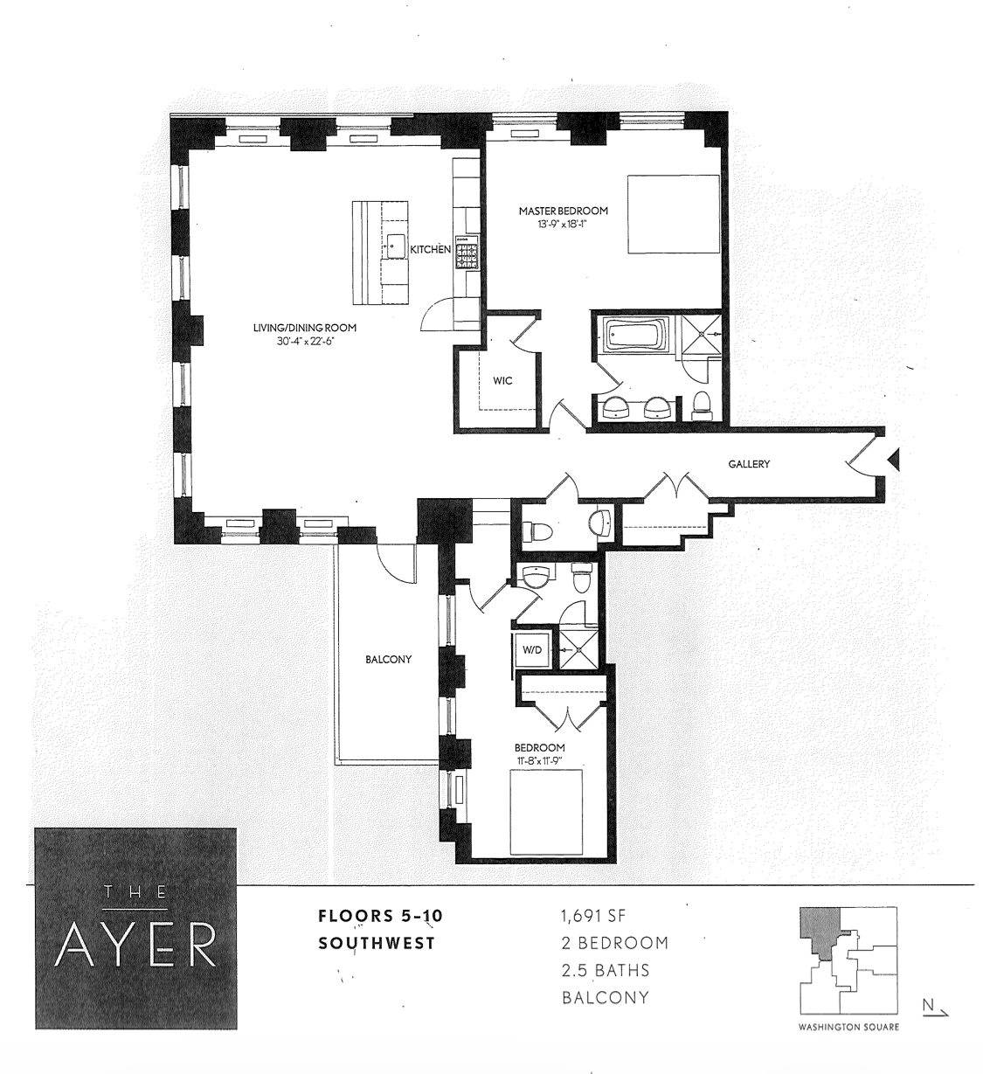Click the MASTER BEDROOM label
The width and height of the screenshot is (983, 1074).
(564, 211)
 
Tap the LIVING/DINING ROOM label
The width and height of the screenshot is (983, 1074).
(305, 328)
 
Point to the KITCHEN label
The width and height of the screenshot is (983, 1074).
(431, 250)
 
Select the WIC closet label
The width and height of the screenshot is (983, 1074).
(502, 381)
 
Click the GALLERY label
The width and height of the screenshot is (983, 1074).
(749, 464)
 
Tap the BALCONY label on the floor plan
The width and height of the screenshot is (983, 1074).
(388, 659)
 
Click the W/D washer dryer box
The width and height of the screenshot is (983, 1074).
(531, 649)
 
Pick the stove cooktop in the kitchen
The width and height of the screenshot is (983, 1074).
(467, 253)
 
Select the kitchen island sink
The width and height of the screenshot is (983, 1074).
(395, 246)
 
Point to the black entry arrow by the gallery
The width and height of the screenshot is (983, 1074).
(894, 459)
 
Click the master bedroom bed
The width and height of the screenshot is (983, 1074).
(673, 213)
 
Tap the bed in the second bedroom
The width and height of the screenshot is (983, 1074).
(546, 812)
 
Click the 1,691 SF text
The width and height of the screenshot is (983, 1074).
(593, 916)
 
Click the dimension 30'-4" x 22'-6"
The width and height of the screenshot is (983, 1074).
(305, 341)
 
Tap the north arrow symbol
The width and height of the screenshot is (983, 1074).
(935, 1008)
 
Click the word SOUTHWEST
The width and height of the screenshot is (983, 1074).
(377, 944)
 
